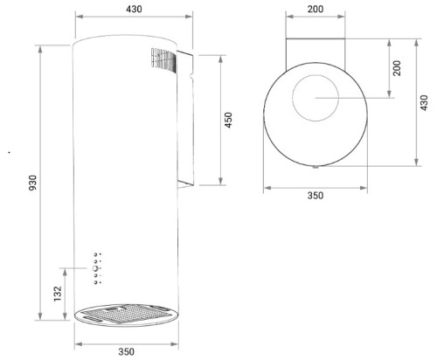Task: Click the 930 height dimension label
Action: coord(33,183)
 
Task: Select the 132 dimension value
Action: coord(58,294)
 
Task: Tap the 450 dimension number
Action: coord(229,120)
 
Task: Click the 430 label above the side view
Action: coord(134,10)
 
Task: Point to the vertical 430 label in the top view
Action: coord(425,102)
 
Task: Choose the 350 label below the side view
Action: coord(127,351)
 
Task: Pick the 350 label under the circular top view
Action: coord(316,196)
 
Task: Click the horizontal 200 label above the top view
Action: coord(316,10)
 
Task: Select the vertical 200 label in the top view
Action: coord(397,68)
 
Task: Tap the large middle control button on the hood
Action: coord(95,268)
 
